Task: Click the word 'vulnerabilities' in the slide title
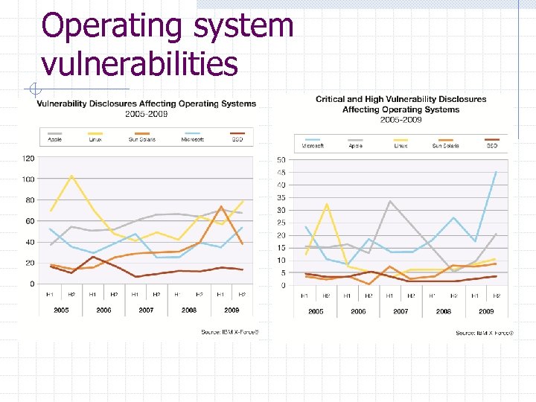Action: click(x=140, y=64)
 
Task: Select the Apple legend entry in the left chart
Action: click(x=54, y=138)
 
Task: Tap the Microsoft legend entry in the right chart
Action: click(x=313, y=145)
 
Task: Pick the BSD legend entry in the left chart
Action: click(x=237, y=138)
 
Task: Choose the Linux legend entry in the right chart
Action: click(x=401, y=145)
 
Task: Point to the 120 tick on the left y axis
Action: click(x=28, y=158)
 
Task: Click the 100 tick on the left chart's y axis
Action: click(x=28, y=179)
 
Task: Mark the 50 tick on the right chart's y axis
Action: click(x=281, y=160)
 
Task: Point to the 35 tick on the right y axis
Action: click(x=281, y=197)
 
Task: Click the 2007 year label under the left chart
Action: click(x=146, y=310)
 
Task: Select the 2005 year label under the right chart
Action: click(x=316, y=311)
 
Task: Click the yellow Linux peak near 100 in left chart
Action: click(x=71, y=176)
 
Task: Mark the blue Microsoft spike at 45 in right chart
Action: click(x=496, y=172)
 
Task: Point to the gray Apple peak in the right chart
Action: click(x=389, y=201)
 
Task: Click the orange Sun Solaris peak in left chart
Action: click(x=221, y=206)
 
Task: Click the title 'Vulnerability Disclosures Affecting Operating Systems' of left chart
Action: click(x=147, y=103)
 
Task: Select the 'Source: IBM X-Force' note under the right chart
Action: click(x=485, y=333)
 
